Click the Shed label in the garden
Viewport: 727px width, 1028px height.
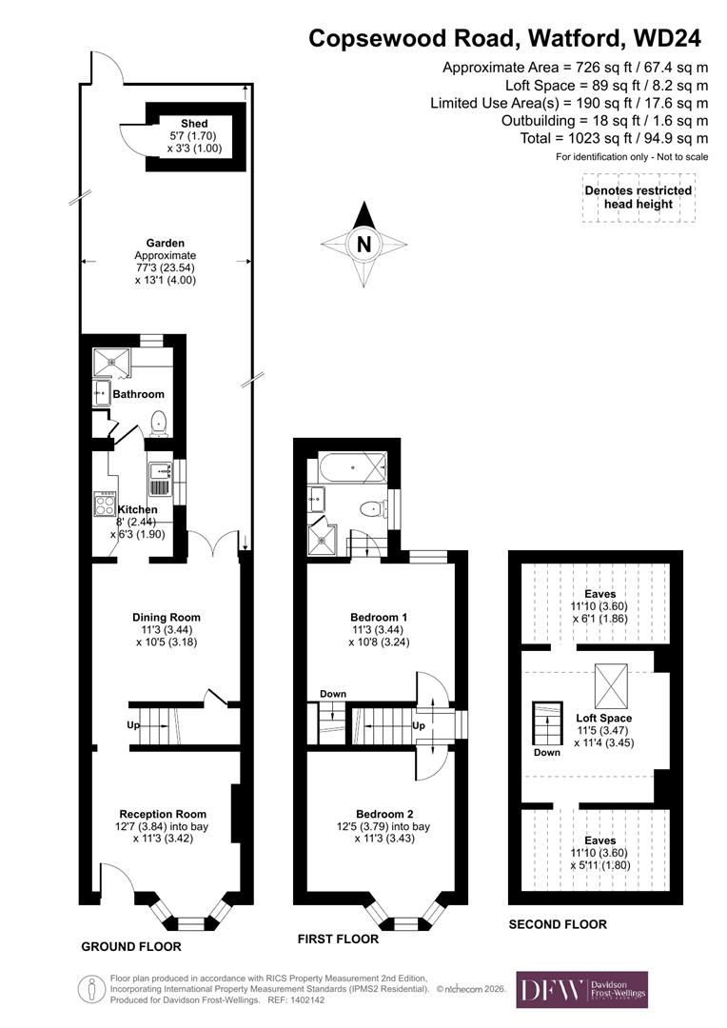194,124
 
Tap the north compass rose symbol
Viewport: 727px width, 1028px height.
363,244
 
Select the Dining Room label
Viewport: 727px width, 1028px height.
166,617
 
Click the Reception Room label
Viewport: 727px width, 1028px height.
163,814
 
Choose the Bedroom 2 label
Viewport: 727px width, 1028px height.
384,813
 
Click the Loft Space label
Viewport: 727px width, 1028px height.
603,718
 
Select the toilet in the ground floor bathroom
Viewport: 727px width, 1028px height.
159,422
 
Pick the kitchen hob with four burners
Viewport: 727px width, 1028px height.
104,504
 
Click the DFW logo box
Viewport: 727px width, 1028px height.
581,989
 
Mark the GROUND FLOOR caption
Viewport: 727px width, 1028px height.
130,947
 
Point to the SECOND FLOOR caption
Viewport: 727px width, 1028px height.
557,924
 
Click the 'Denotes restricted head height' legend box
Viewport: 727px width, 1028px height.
638,198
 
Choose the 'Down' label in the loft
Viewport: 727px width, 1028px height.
547,751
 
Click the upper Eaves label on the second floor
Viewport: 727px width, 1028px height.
600,594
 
